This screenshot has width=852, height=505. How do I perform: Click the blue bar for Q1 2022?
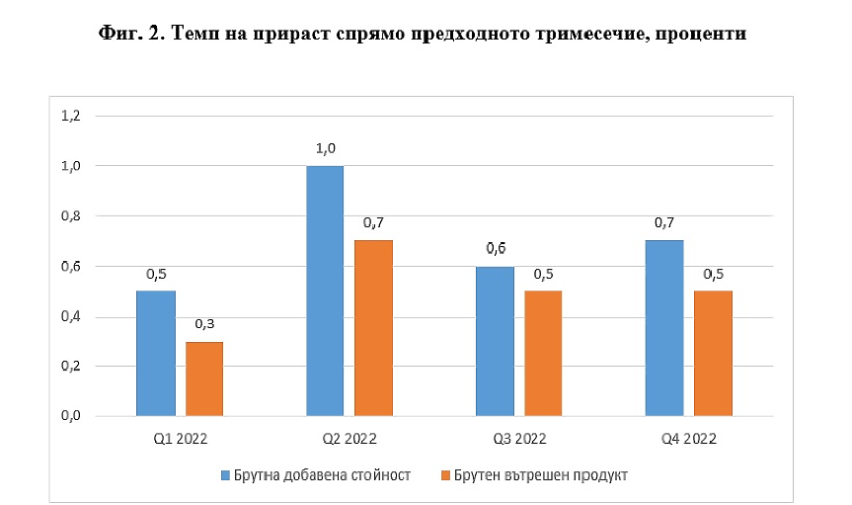point(156,353)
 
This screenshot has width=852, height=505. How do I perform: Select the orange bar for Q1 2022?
point(204,379)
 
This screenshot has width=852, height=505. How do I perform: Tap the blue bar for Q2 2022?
point(325,291)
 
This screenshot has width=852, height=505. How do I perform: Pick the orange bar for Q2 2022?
point(374,328)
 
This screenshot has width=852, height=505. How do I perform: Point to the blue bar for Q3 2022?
point(495,341)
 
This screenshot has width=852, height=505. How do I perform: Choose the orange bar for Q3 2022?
point(543,353)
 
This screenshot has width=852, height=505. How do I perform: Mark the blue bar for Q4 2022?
point(664,328)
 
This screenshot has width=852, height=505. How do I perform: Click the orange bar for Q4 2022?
point(713,353)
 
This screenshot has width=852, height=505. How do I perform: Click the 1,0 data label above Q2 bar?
point(325,149)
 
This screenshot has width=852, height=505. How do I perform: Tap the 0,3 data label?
point(204,324)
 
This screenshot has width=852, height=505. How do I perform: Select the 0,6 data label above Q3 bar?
point(495,249)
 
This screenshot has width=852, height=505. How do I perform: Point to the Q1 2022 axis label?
point(180,437)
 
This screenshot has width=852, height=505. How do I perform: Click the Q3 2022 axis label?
point(518,437)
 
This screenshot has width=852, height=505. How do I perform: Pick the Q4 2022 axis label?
point(688,437)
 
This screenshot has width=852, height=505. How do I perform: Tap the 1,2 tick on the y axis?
point(70,116)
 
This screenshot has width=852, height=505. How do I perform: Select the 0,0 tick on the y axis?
point(70,416)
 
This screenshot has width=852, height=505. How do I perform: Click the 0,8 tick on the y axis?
point(70,215)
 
